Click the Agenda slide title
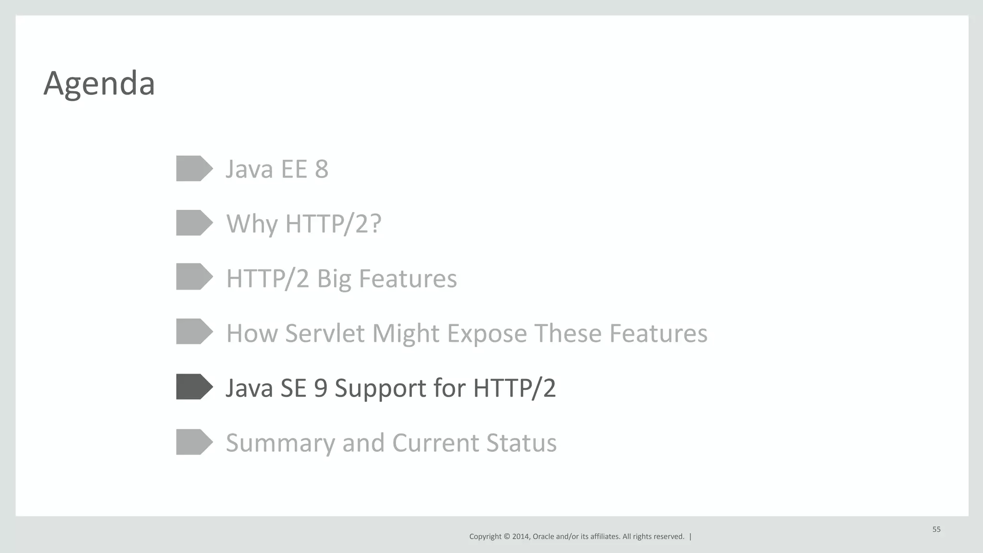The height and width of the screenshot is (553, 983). click(x=99, y=83)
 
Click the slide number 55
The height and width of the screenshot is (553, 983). click(x=936, y=529)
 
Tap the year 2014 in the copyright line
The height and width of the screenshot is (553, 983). click(x=521, y=537)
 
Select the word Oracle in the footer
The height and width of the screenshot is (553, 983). click(x=543, y=537)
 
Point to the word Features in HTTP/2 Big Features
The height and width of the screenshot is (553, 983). click(x=408, y=279)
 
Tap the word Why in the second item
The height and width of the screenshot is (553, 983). click(x=252, y=224)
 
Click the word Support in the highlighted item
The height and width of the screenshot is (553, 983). click(x=380, y=388)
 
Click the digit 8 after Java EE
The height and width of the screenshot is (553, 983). click(x=322, y=169)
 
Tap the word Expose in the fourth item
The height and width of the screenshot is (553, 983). click(x=487, y=333)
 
